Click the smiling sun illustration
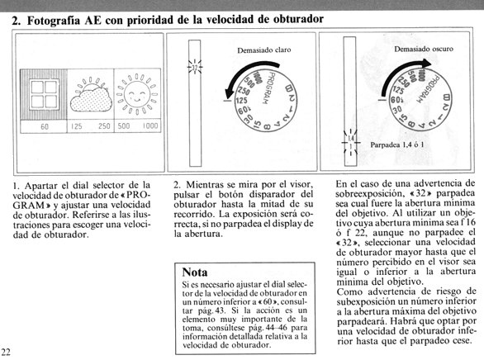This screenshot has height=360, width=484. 137,94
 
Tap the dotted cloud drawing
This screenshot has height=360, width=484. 91,99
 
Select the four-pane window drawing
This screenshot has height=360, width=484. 45,94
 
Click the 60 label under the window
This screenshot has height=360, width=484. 45,126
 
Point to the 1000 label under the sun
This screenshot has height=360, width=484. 150,126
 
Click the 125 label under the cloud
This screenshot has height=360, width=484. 76,126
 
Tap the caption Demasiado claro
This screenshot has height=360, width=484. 264,50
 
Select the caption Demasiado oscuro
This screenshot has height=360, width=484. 424,49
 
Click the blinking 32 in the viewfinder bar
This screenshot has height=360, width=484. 195,67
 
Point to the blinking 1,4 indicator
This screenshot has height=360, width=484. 351,139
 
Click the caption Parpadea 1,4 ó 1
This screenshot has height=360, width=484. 397,144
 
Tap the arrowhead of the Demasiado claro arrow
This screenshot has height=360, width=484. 230,92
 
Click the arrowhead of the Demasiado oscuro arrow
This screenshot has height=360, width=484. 427,64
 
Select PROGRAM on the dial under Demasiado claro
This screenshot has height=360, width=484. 268,88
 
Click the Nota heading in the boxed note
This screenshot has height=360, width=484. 195,272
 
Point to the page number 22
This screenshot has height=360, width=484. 6,352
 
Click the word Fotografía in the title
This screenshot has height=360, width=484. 54,21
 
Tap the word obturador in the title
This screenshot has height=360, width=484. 298,19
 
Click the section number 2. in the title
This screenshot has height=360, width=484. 16,21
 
